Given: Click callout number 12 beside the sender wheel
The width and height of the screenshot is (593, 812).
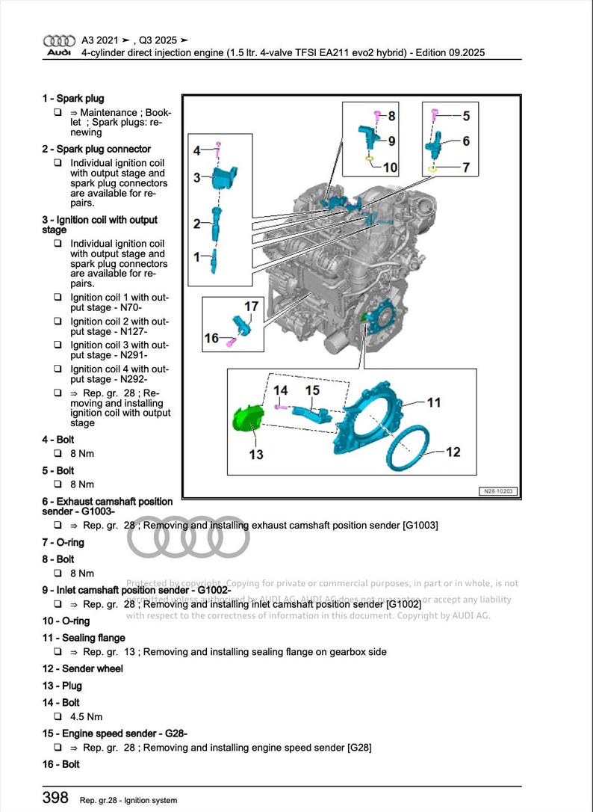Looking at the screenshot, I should tap(453, 452).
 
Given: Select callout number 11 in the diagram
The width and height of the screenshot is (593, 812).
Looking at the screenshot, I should tap(434, 403).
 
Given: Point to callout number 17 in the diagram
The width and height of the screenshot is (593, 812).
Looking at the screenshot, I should tap(251, 307).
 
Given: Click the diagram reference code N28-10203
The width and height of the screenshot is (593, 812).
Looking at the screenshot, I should tap(498, 491).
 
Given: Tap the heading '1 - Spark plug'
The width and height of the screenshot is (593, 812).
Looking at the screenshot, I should tap(73, 99).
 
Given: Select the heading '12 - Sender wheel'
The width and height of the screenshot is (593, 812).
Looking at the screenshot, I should tap(82, 668).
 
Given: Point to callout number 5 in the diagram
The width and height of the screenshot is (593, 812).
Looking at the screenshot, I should tap(466, 116).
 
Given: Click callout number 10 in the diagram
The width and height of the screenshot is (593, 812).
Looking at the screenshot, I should tap(390, 168).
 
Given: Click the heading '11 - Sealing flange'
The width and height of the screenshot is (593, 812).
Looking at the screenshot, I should tap(84, 638).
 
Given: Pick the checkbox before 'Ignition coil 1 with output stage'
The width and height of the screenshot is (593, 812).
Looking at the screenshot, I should tap(58, 298).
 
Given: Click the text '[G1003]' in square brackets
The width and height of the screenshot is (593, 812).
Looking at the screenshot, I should tap(420, 526).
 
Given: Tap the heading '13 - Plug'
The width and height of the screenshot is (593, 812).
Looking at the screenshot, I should tap(62, 686).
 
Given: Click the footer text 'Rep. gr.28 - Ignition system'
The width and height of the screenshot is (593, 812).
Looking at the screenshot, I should tap(128, 801).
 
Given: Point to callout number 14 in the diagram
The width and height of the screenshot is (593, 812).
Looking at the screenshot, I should tap(281, 390).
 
